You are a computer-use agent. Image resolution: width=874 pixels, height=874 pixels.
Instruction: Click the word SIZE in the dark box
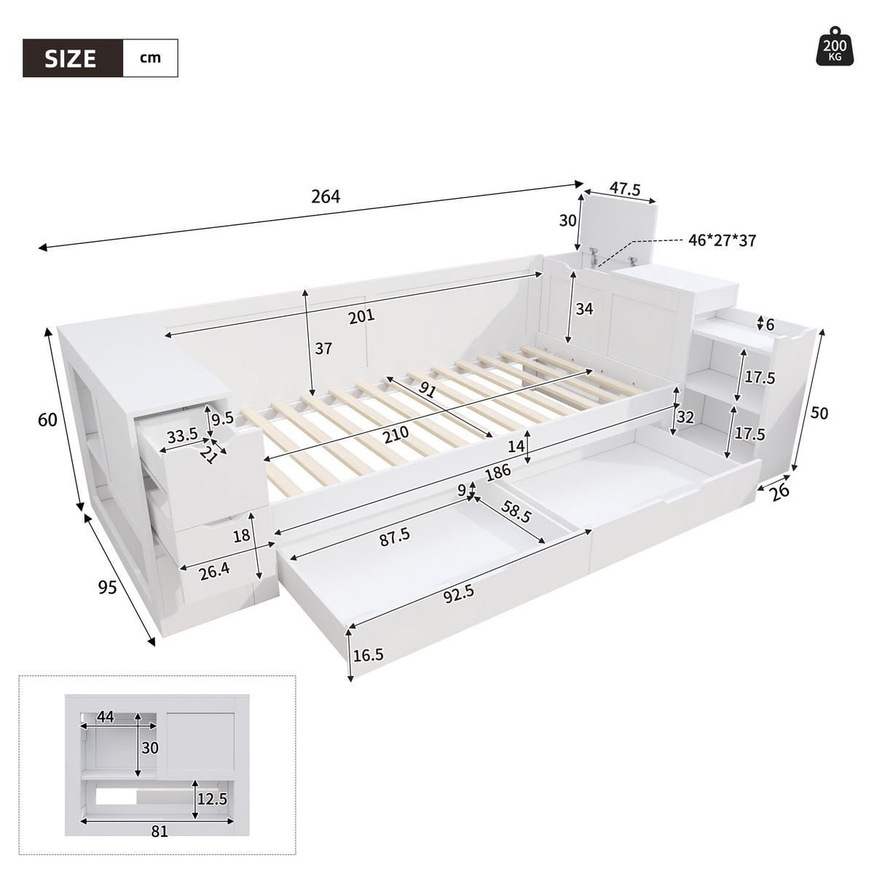pyautogui.click(x=71, y=58)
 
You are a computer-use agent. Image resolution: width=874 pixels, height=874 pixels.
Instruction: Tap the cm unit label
pyautogui.click(x=150, y=58)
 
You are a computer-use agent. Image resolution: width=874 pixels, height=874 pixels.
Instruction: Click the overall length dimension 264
pyautogui.click(x=326, y=197)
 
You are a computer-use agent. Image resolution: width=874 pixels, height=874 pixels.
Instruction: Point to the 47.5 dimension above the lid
pyautogui.click(x=625, y=189)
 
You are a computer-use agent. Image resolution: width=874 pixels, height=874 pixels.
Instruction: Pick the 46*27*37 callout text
pyautogui.click(x=721, y=240)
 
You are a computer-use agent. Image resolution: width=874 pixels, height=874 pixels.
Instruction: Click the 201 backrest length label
pyautogui.click(x=361, y=315)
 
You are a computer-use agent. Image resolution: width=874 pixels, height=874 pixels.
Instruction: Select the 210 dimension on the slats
pyautogui.click(x=393, y=432)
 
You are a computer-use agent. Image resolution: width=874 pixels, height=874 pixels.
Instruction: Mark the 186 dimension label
pyautogui.click(x=497, y=473)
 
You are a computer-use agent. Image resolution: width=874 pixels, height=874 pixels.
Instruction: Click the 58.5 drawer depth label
pyautogui.click(x=516, y=514)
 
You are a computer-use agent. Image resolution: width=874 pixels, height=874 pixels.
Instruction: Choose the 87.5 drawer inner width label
pyautogui.click(x=395, y=535)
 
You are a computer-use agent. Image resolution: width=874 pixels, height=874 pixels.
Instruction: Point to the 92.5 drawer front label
pyautogui.click(x=459, y=592)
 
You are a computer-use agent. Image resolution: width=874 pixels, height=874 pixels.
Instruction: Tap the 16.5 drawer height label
pyautogui.click(x=368, y=655)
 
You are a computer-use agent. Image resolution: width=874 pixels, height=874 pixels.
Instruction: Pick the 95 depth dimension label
pyautogui.click(x=107, y=587)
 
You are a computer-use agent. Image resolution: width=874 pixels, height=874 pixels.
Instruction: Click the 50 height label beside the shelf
pyautogui.click(x=819, y=413)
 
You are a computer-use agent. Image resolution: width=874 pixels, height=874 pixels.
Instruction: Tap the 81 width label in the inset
pyautogui.click(x=160, y=831)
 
